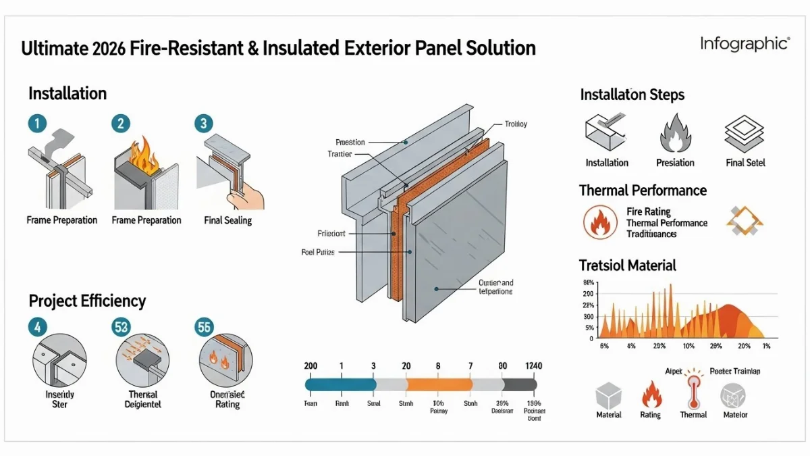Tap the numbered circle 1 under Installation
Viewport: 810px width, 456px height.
click(x=38, y=124)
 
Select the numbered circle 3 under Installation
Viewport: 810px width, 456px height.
click(x=203, y=124)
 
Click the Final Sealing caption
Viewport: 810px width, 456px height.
click(x=227, y=220)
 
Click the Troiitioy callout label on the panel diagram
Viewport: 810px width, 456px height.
click(x=516, y=124)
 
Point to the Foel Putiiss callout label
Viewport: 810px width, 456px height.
click(x=318, y=252)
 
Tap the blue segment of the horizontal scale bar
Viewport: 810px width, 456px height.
click(x=340, y=384)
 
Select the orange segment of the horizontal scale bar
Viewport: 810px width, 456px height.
click(x=438, y=384)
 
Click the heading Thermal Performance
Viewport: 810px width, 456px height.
click(x=643, y=191)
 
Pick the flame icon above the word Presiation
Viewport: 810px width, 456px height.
click(x=675, y=133)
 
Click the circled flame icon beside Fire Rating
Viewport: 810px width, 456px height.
click(x=599, y=222)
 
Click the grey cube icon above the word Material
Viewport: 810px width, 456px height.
click(x=609, y=395)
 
